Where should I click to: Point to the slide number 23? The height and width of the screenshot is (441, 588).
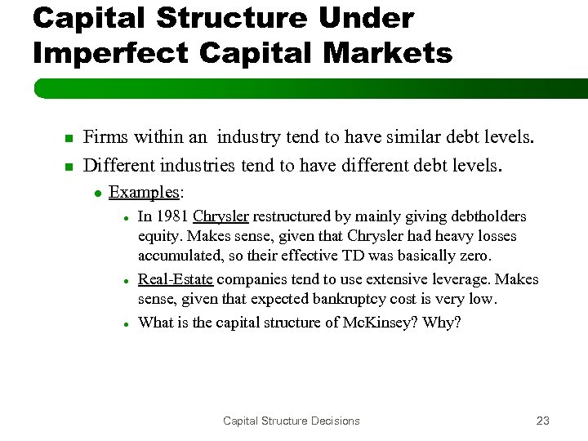(542, 421)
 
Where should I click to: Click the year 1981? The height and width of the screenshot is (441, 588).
(171, 216)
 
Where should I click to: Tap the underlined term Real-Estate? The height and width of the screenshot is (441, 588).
(176, 279)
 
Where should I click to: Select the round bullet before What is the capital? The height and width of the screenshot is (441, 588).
(127, 323)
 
